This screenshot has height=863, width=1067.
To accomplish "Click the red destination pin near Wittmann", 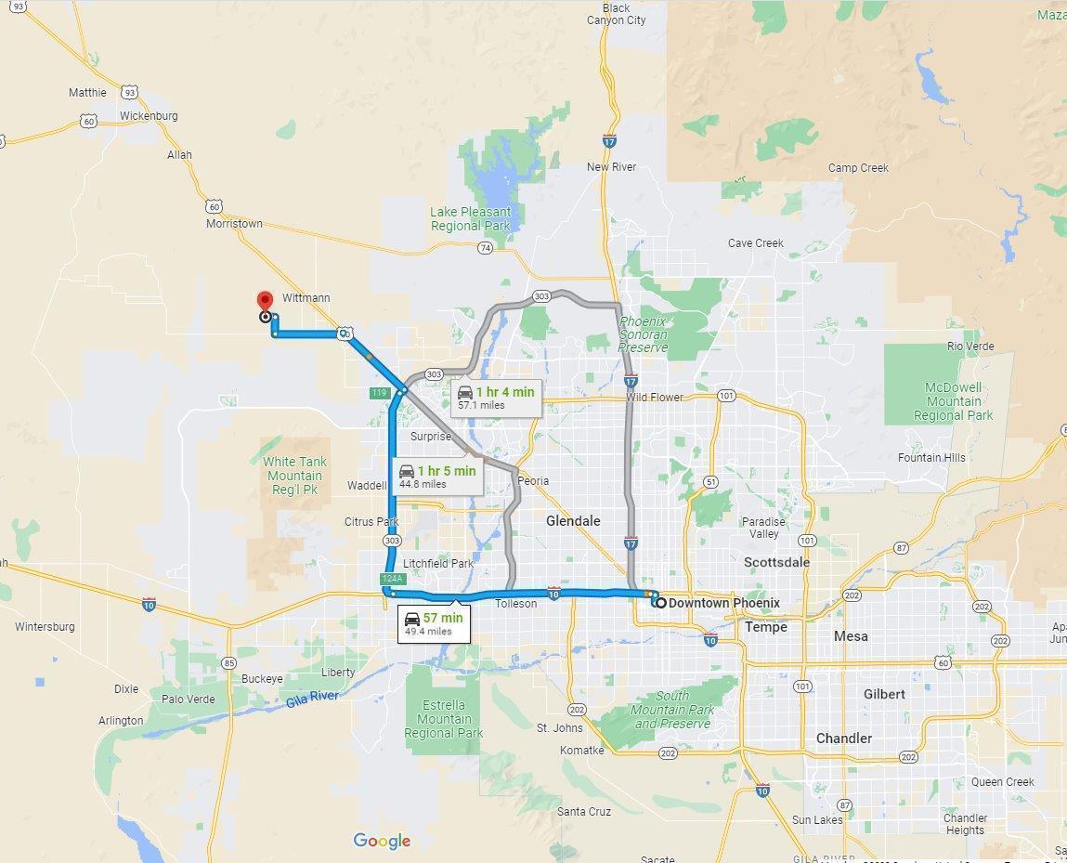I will click(264, 301).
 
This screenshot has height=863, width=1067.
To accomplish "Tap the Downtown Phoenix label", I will click(723, 603).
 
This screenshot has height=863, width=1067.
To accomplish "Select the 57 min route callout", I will click(433, 622).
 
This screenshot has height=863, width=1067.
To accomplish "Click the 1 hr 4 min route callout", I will click(495, 397).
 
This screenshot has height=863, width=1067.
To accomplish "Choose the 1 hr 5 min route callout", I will click(436, 476).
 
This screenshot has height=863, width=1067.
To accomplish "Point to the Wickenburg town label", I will click(149, 116).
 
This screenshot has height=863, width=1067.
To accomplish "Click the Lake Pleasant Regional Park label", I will click(471, 218).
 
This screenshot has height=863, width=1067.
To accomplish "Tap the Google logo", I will click(382, 841).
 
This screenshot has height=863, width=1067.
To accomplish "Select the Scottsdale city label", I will click(776, 562).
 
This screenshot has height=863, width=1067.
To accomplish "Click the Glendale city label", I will click(573, 521).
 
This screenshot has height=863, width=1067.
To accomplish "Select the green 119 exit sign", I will click(378, 393).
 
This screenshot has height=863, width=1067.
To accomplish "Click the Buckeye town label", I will click(262, 679).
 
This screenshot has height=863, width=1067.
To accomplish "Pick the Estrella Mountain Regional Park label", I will click(444, 719).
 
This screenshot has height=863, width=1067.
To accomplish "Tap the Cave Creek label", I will click(755, 243).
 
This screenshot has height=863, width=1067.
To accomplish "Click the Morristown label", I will click(234, 224).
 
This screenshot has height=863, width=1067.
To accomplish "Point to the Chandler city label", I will click(843, 739).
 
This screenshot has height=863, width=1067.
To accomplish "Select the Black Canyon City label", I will click(617, 14).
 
